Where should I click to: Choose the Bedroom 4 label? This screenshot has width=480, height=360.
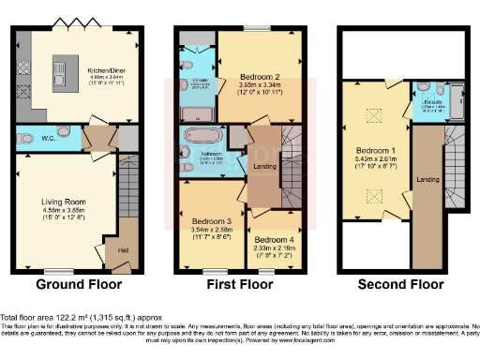click(x=272, y=239)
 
